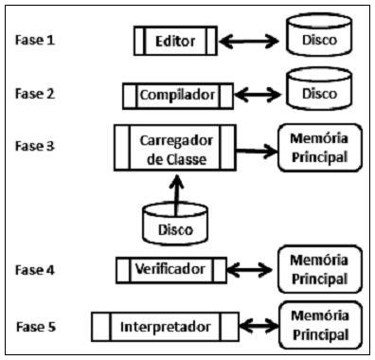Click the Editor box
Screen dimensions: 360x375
click(x=175, y=41)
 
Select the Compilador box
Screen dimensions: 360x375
click(x=177, y=95)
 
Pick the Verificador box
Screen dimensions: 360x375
click(x=171, y=270)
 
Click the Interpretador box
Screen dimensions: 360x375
click(x=167, y=327)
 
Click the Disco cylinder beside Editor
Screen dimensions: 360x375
click(x=317, y=39)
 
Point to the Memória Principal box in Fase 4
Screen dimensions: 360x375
click(x=319, y=270)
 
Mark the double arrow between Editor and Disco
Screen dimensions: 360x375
click(x=252, y=41)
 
